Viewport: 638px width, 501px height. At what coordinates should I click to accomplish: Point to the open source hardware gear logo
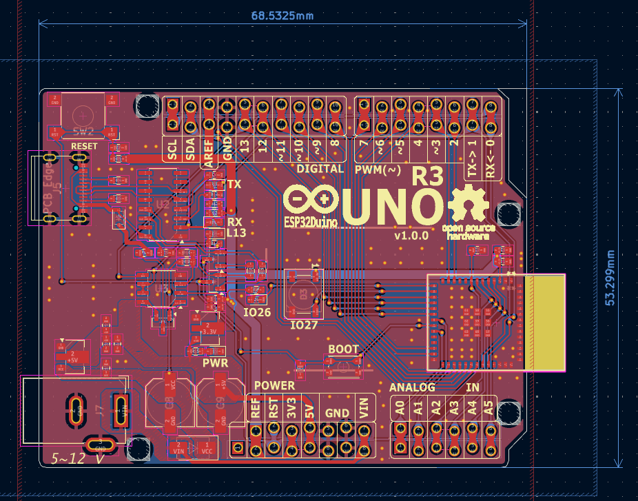coord(469,204)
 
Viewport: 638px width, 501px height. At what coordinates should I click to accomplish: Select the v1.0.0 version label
coord(411,235)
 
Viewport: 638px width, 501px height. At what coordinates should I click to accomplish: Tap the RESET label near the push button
coord(84,147)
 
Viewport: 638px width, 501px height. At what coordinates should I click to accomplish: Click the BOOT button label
coord(343,349)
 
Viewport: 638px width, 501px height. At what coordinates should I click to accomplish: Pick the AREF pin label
coord(208,150)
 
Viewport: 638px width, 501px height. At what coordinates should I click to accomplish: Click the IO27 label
coord(304,325)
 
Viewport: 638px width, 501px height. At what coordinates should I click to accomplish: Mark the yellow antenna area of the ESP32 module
coord(544,323)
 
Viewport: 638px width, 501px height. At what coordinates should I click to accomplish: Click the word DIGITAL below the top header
coord(320,168)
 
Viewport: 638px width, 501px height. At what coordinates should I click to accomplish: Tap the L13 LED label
coord(236,234)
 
